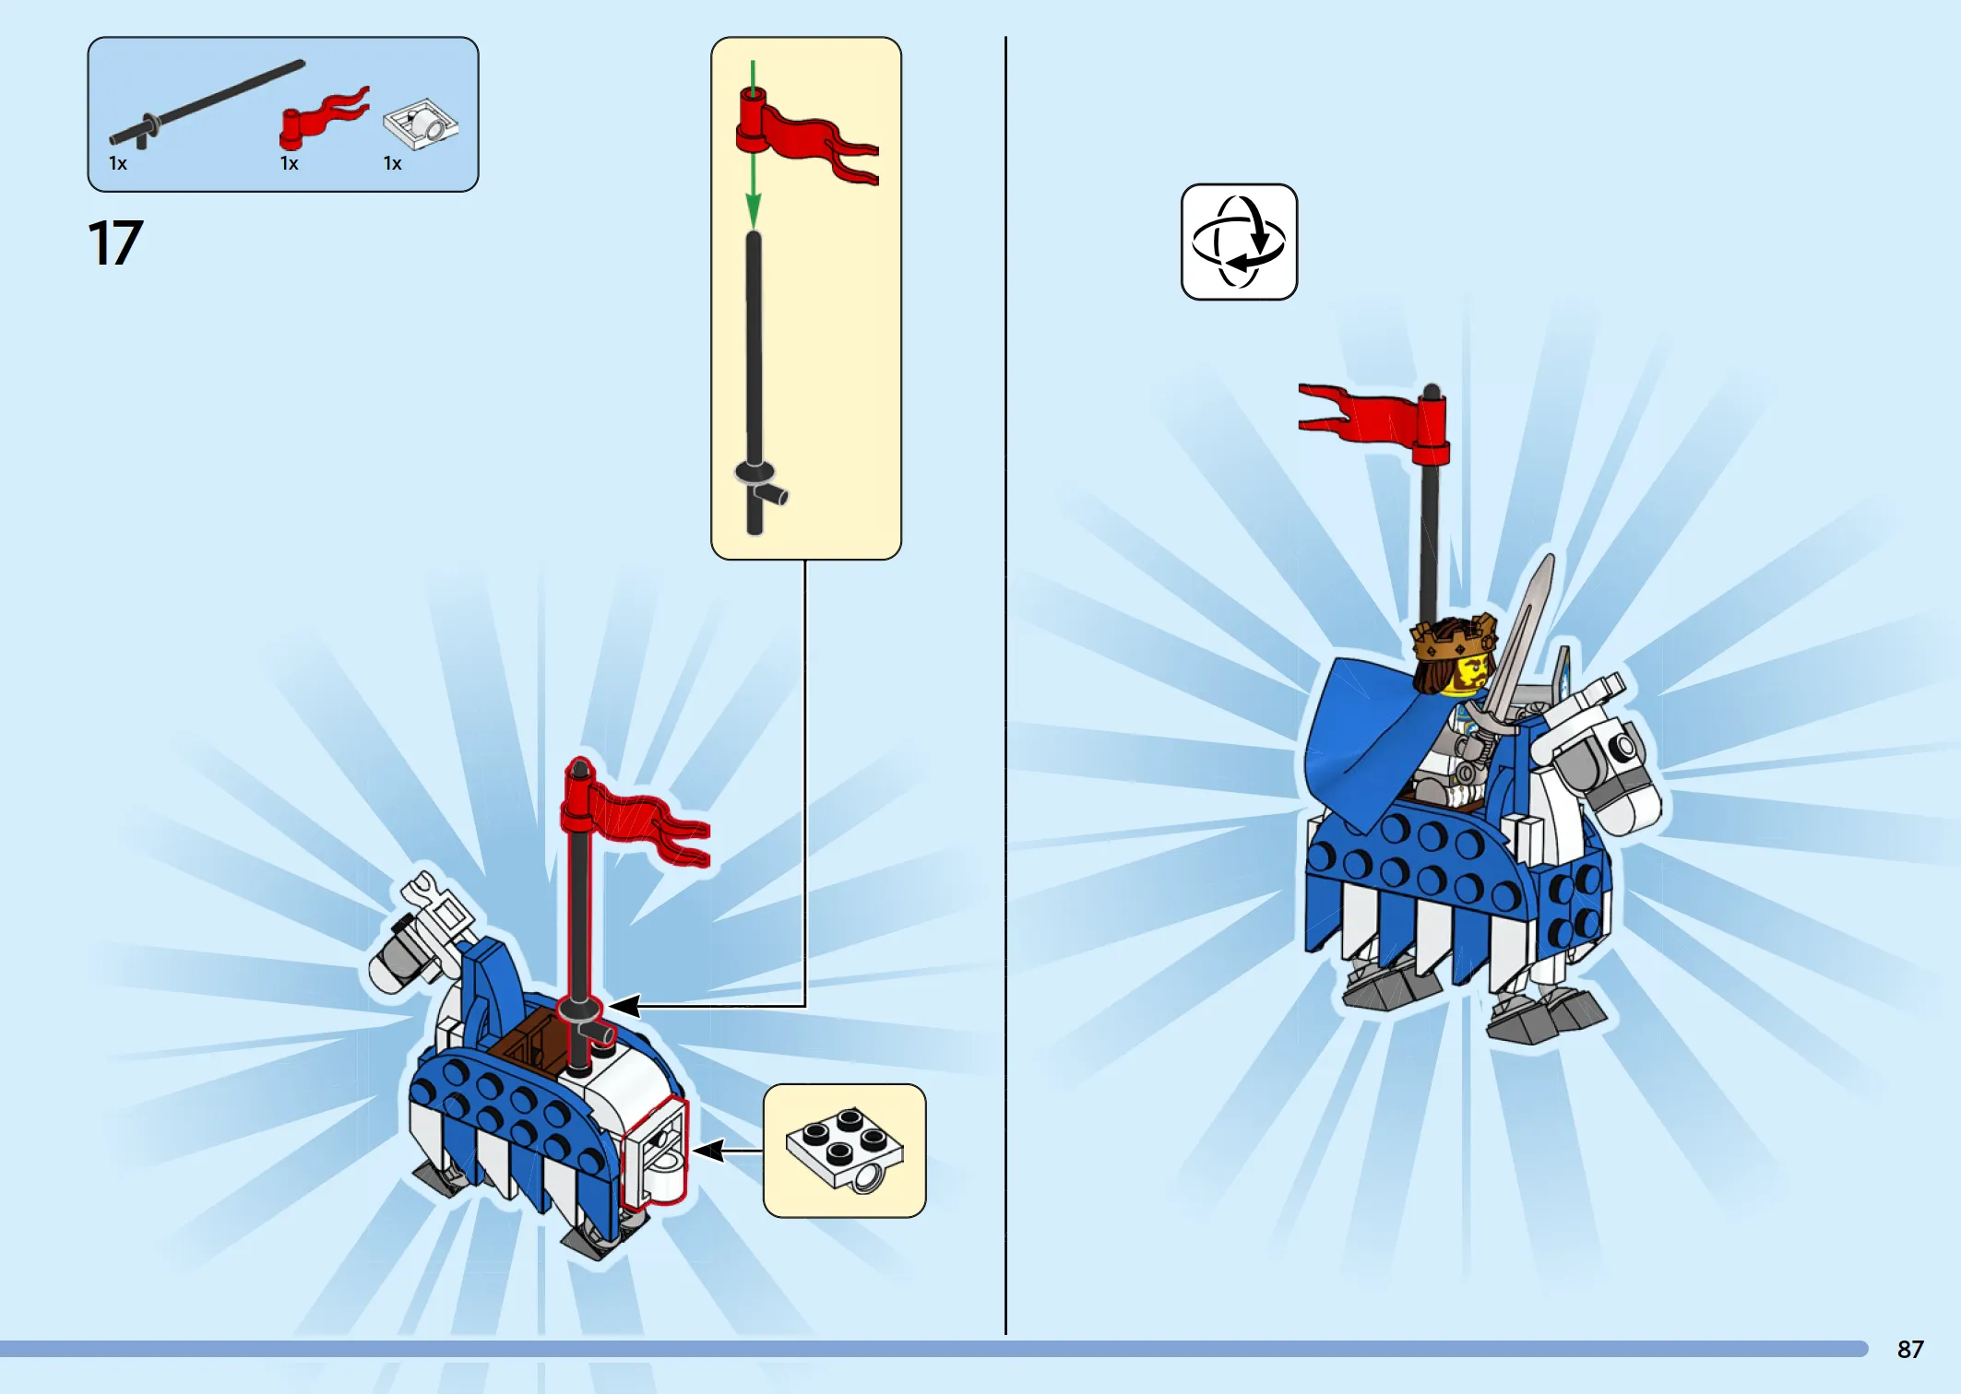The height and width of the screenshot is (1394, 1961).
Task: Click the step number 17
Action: pyautogui.click(x=115, y=243)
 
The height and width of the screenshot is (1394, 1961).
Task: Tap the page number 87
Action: pyautogui.click(x=1910, y=1350)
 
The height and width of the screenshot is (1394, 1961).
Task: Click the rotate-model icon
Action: pyautogui.click(x=1239, y=242)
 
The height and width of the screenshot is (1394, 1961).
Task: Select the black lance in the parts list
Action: pyautogui.click(x=207, y=103)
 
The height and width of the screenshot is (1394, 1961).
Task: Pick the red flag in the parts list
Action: pyautogui.click(x=323, y=118)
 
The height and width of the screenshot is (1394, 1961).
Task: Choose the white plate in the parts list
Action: pyautogui.click(x=421, y=124)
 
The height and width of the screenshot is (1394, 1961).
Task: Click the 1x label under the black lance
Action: pyautogui.click(x=118, y=164)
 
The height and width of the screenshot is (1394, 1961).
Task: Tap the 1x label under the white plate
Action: pyautogui.click(x=393, y=164)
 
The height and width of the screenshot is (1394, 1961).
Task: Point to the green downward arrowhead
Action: pyautogui.click(x=754, y=211)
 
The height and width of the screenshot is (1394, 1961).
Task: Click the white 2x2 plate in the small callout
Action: pyautogui.click(x=845, y=1151)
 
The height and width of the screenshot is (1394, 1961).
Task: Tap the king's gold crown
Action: pyautogui.click(x=1453, y=636)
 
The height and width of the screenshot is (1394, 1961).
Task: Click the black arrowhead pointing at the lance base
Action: pyautogui.click(x=624, y=1006)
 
